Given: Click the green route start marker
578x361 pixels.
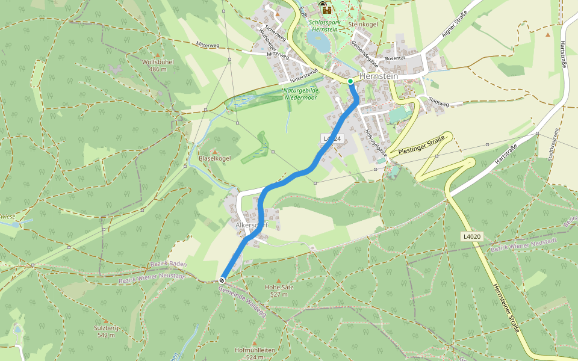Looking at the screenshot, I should tap(350, 81).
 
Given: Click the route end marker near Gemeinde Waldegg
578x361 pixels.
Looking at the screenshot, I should tap(223, 280).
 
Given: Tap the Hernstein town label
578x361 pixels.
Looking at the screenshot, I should tap(378, 77).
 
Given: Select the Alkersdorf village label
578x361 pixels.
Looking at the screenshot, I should tap(252, 226).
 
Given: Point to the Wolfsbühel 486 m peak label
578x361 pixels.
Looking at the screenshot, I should tap(158, 66).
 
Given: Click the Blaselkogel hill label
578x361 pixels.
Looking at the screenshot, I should tap(215, 158).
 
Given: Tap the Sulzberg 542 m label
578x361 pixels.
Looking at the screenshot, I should tap(106, 331).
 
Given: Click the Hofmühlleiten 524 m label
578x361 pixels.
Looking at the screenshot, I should tap(255, 353).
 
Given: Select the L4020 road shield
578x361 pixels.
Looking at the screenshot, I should tap(473, 236).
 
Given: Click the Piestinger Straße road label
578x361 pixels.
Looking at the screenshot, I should tap(420, 146).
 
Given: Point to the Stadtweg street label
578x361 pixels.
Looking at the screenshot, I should tap(439, 103).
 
